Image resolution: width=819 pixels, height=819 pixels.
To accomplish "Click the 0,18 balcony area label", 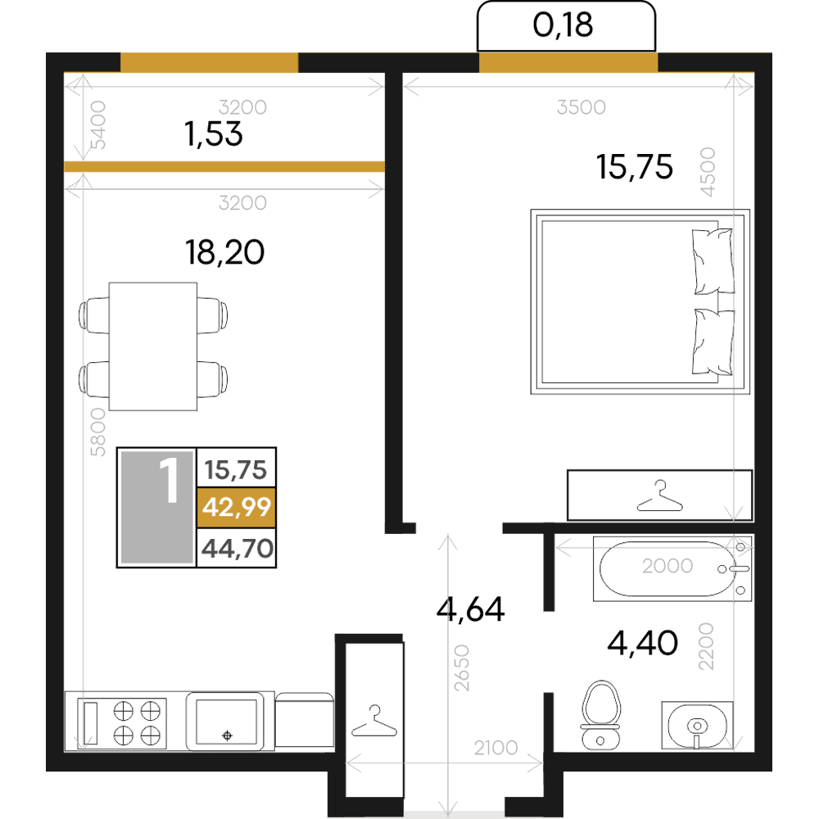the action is pos(563,25).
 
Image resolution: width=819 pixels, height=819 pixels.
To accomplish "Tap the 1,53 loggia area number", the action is pos(214,133).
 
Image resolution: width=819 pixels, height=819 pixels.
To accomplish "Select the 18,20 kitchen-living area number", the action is pos(224,252).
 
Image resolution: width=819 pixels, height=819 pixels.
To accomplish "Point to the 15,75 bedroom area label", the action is pos(635,167).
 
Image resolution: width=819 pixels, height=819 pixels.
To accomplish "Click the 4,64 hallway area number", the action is pos(471,609).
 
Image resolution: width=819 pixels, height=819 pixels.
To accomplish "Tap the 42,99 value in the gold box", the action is pos(238,507).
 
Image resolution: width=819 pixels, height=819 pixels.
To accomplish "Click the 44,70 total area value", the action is pos(238,549).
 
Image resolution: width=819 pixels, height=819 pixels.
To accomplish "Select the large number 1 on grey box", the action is pos(170,480).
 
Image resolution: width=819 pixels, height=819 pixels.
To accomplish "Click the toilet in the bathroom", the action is pos(600,714).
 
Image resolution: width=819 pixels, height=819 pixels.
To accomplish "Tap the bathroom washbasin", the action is pos(697,726).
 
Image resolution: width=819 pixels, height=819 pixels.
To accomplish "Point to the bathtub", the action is pos(672,569).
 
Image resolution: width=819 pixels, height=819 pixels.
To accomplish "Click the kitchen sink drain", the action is pos(227,735).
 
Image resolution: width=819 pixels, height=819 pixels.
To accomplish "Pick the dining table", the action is pos(153,346).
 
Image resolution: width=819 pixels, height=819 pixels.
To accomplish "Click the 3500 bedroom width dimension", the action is pos(581,107).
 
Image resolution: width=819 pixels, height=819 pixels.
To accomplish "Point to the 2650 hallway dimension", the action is pos(462,668).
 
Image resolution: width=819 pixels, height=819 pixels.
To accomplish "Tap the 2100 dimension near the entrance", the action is pos(495,748).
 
